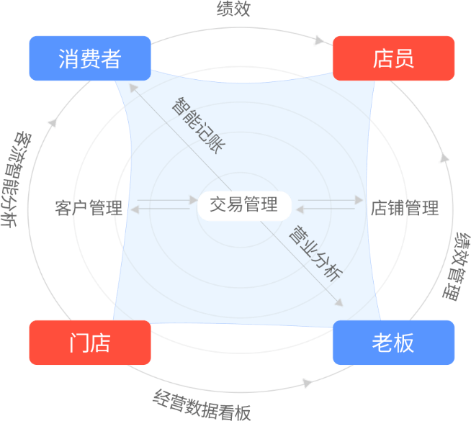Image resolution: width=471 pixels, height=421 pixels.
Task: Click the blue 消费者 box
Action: coord(90,58)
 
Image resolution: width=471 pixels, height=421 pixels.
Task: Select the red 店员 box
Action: coord(393,58)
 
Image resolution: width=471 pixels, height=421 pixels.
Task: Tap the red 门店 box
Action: coord(90,343)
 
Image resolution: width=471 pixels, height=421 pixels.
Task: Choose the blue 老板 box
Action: coord(393,343)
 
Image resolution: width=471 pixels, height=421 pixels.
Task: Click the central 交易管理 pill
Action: coord(243,205)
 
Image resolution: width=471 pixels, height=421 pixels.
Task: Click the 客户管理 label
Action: coord(88,209)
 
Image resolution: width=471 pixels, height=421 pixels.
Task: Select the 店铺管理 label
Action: coord(404,209)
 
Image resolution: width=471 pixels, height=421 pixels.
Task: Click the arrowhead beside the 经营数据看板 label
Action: coord(308,382)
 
